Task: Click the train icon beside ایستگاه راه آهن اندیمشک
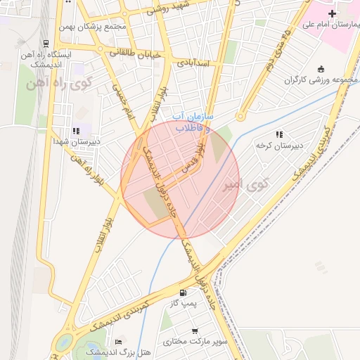point(46,44)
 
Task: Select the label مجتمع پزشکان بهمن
point(102,27)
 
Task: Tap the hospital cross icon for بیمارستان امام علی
point(332,13)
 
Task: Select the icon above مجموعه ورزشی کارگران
point(321,69)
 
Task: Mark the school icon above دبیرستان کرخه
point(279,134)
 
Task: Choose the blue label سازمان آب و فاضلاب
point(188,123)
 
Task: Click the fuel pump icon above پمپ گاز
point(183,292)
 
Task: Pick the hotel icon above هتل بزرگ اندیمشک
point(117,341)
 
